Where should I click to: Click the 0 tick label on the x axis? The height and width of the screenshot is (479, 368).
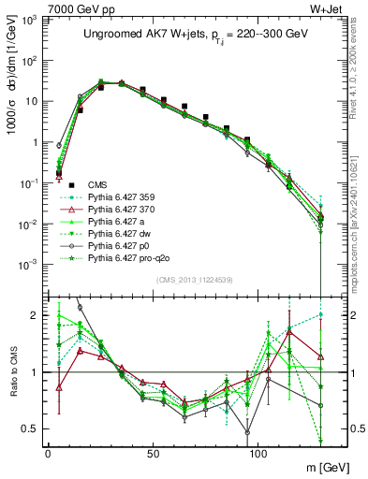point(48,454)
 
